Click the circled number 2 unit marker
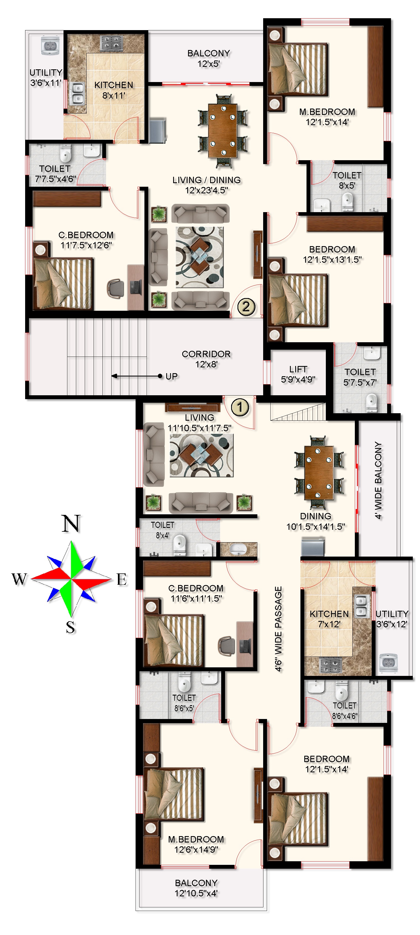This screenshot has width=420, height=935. click(246, 307)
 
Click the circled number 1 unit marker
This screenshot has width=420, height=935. click(240, 407)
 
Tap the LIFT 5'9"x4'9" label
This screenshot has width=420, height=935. click(298, 374)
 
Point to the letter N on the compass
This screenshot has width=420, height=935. click(71, 523)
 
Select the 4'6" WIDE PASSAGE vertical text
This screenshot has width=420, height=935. click(278, 629)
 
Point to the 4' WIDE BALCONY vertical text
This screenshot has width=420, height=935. click(378, 480)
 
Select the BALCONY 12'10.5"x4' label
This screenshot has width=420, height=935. click(196, 888)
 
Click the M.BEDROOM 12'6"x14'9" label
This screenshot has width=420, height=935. click(196, 844)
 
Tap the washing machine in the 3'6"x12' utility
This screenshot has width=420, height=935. click(388, 663)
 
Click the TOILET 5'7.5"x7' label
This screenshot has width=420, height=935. click(360, 377)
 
